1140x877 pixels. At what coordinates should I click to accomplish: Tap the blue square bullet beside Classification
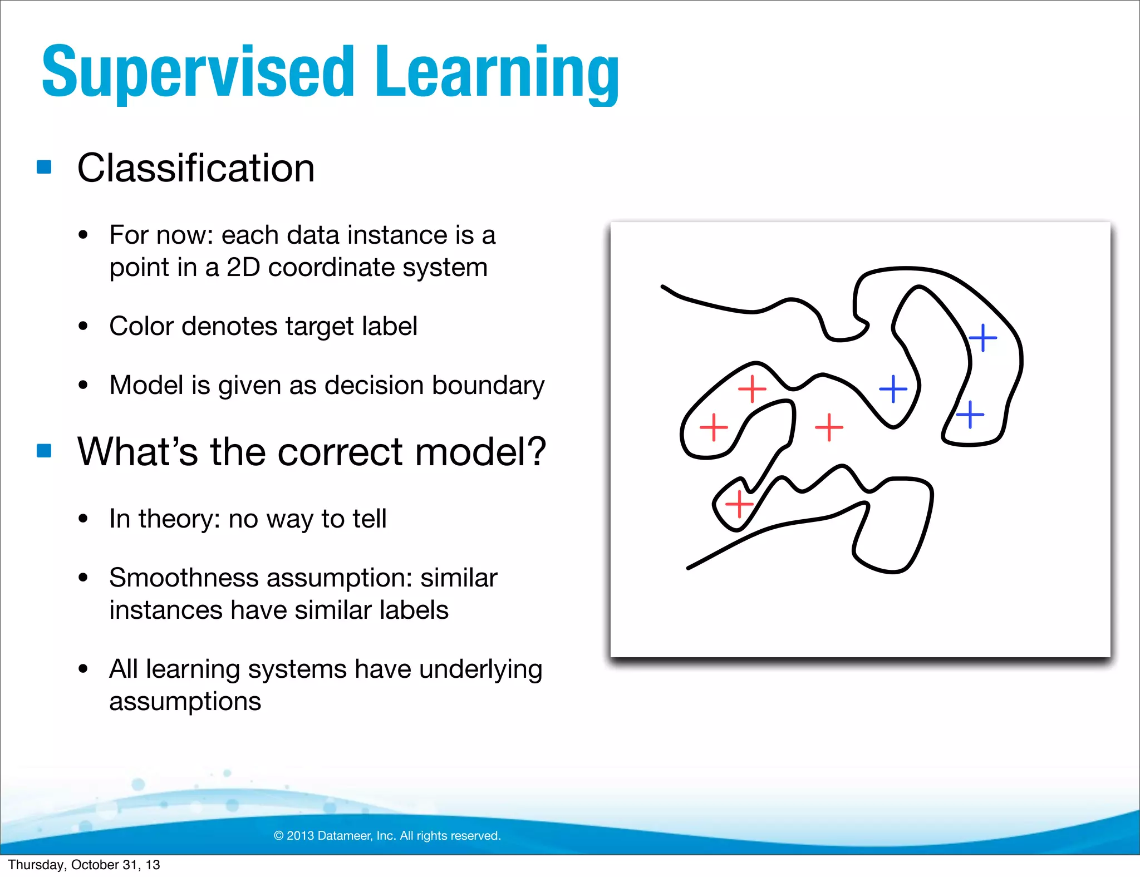pyautogui.click(x=44, y=167)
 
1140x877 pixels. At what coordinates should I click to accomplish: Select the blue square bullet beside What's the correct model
pyautogui.click(x=44, y=450)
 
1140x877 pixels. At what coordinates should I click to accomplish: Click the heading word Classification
pyautogui.click(x=196, y=168)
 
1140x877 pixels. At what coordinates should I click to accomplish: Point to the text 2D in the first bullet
pyautogui.click(x=243, y=268)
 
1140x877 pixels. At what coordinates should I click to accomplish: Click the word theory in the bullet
pyautogui.click(x=175, y=519)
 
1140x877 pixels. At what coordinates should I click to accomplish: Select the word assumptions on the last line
pyautogui.click(x=185, y=701)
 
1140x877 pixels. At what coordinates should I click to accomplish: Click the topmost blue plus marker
pyautogui.click(x=983, y=338)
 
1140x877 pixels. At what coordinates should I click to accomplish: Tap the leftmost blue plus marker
pyautogui.click(x=893, y=388)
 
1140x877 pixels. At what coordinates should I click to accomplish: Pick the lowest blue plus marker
pyautogui.click(x=970, y=415)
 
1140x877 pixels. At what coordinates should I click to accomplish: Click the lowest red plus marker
pyautogui.click(x=739, y=504)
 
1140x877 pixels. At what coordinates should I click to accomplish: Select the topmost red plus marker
pyautogui.click(x=752, y=388)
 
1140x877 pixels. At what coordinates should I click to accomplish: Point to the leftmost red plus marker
pyautogui.click(x=714, y=427)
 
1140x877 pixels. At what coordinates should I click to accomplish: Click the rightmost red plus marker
pyautogui.click(x=829, y=427)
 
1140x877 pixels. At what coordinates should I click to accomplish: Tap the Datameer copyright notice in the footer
pyautogui.click(x=387, y=836)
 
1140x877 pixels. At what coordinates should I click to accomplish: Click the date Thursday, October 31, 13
pyautogui.click(x=84, y=865)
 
